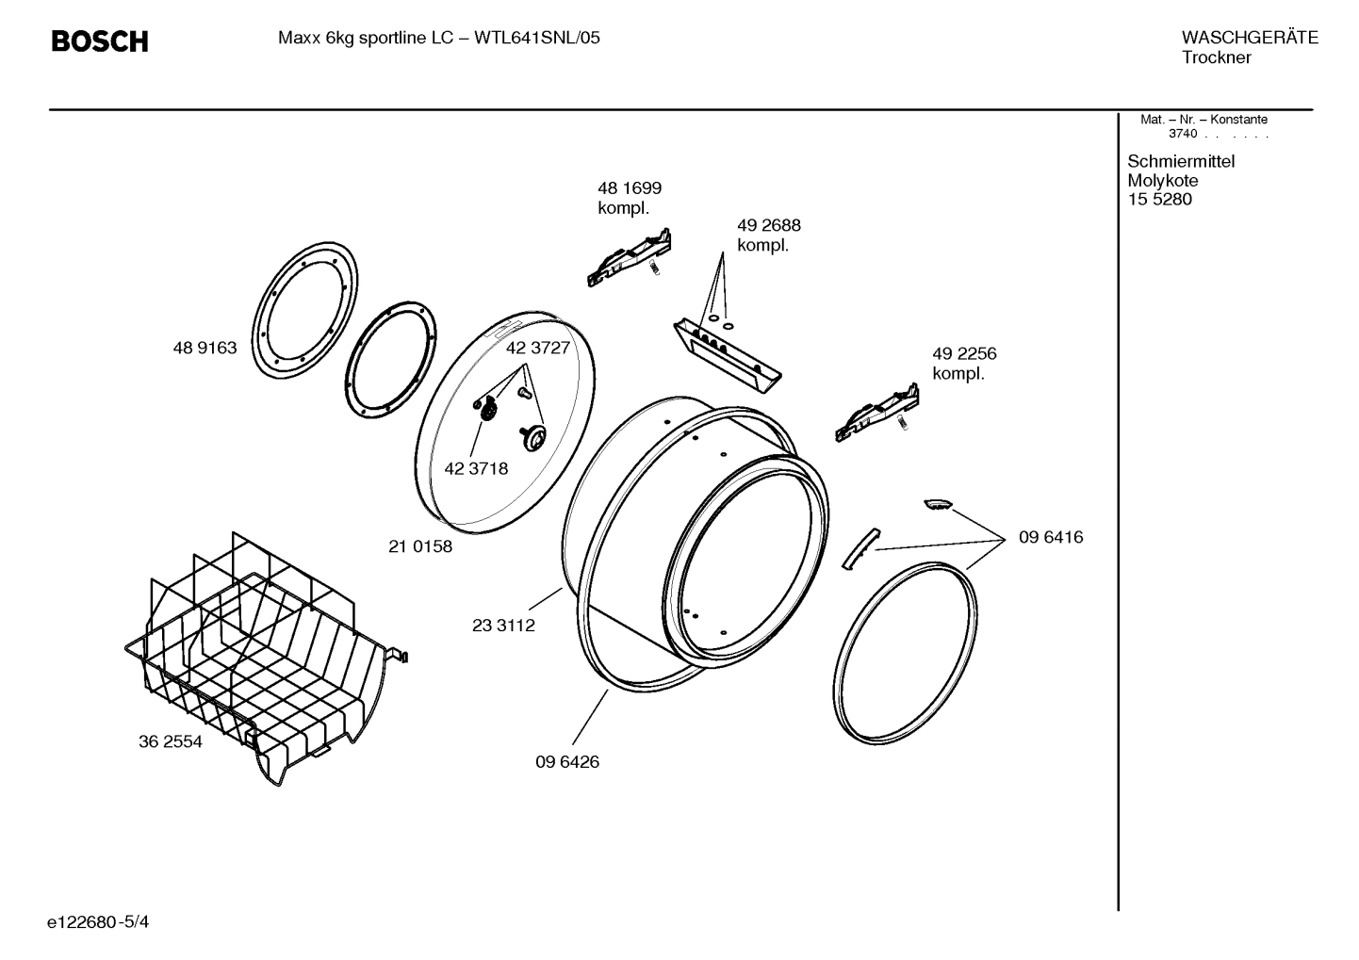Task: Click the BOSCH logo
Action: (x=99, y=41)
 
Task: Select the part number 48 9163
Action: (x=205, y=348)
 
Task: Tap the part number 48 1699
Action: (x=629, y=188)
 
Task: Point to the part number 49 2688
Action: (x=768, y=226)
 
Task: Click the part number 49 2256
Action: (x=963, y=354)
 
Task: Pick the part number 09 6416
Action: (x=1050, y=537)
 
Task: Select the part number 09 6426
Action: (x=567, y=761)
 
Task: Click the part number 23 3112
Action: (x=503, y=626)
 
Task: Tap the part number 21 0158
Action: (x=420, y=546)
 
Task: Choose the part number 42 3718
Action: (x=476, y=468)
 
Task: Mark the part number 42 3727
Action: (x=538, y=348)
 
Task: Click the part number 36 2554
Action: (x=171, y=741)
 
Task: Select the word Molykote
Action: (x=1162, y=181)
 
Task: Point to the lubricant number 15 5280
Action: (x=1159, y=200)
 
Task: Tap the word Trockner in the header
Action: (x=1216, y=58)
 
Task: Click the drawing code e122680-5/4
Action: (x=98, y=921)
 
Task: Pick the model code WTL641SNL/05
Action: (x=536, y=39)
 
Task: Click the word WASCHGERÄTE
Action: (x=1249, y=39)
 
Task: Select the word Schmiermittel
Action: (x=1180, y=162)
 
